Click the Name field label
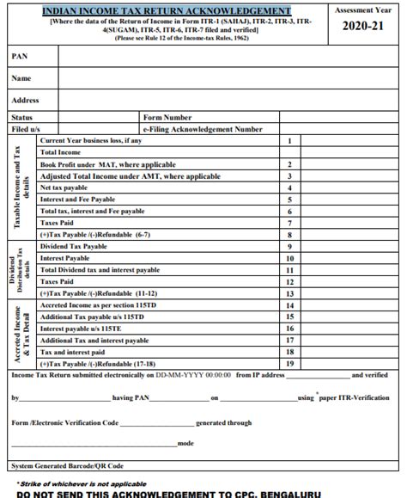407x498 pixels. pyautogui.click(x=22, y=78)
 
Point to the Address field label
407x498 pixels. pyautogui.click(x=27, y=101)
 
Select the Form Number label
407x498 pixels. pyautogui.click(x=167, y=117)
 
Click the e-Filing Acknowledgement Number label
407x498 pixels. pyautogui.click(x=203, y=129)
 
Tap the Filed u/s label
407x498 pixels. pyautogui.click(x=27, y=129)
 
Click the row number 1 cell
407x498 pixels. pyautogui.click(x=291, y=140)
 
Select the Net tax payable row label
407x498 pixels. pyautogui.click(x=70, y=187)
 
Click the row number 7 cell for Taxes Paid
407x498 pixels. pyautogui.click(x=291, y=222)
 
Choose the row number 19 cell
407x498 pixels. pyautogui.click(x=291, y=364)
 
